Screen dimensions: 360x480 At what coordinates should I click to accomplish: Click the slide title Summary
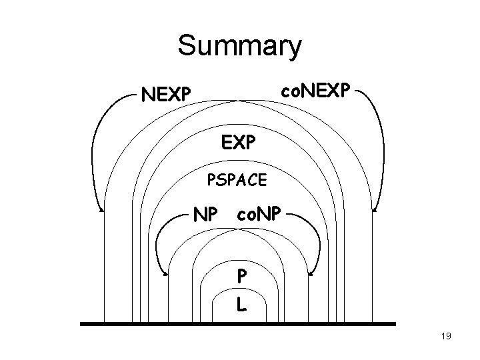click(x=239, y=46)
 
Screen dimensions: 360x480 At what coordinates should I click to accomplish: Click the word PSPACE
click(x=239, y=179)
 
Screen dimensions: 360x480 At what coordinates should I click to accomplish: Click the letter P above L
click(x=241, y=275)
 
